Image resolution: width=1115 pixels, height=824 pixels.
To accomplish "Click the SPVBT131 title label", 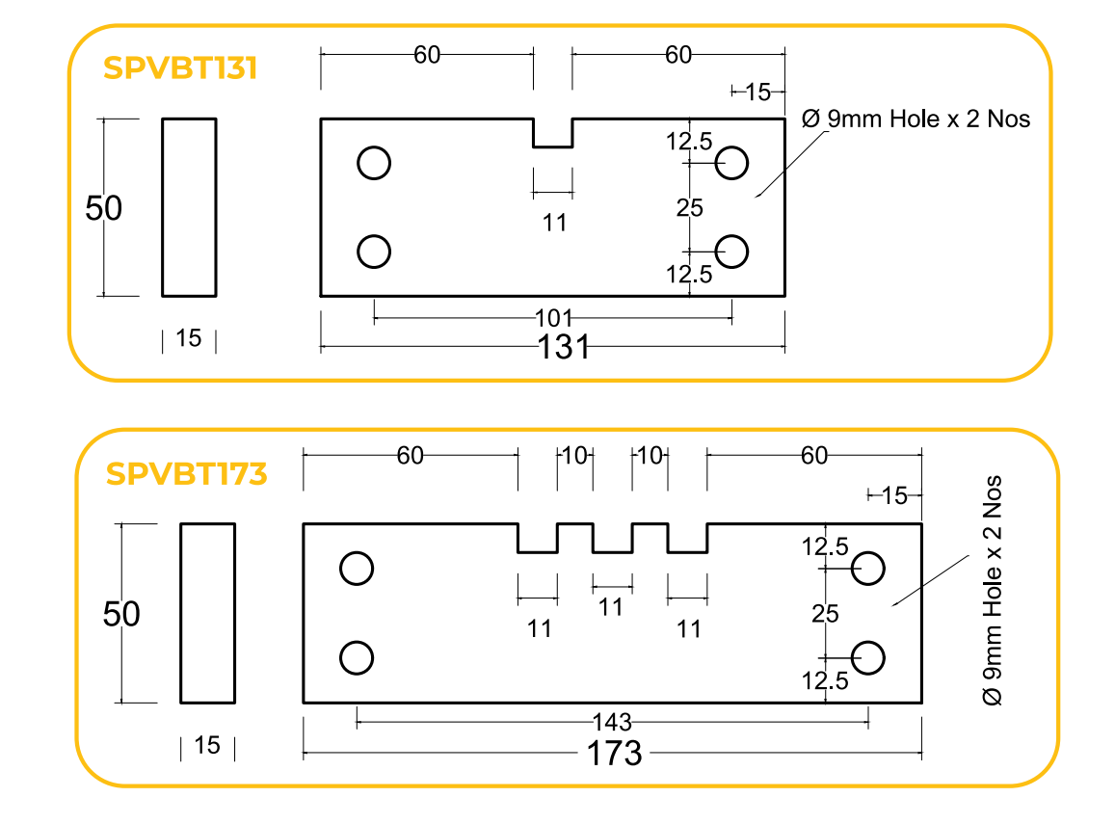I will (x=180, y=68).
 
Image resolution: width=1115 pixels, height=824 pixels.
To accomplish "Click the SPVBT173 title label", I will (x=186, y=474).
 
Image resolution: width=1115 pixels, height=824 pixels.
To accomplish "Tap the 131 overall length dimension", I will (x=564, y=347).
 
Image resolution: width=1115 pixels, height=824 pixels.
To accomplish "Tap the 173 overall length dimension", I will (x=615, y=753).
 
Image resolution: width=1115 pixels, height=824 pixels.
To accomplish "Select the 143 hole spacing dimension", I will (x=612, y=722).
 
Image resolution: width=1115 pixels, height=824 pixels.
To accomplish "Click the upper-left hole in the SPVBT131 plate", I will (x=374, y=163).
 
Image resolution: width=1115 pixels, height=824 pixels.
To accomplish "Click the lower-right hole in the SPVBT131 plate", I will (x=732, y=251).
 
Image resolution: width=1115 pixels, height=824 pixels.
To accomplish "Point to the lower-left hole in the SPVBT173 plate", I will (x=357, y=657).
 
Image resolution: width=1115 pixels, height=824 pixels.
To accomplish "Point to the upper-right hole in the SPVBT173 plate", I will (x=868, y=569).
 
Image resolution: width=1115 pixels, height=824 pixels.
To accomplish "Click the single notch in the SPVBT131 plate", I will (x=553, y=133).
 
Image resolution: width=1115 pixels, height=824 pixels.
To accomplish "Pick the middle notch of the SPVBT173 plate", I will (x=612, y=539).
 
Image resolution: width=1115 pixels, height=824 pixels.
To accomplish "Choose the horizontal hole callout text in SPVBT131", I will (x=916, y=120).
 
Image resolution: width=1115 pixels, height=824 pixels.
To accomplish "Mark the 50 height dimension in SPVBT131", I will (x=103, y=208).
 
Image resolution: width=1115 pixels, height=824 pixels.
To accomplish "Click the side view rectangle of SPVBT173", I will (x=207, y=613).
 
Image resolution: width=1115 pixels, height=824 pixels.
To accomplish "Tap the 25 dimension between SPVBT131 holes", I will (x=690, y=207).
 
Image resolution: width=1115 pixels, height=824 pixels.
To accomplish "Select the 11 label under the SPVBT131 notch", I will (x=554, y=223).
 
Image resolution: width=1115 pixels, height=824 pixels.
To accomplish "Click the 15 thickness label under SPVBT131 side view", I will (x=189, y=338).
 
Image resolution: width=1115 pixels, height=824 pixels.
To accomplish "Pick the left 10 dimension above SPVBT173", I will (x=574, y=456).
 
